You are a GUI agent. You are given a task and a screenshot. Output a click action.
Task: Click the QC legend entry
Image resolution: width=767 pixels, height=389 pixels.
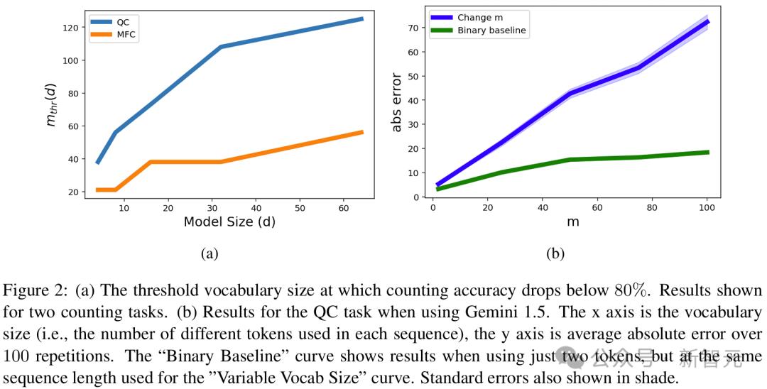(123, 22)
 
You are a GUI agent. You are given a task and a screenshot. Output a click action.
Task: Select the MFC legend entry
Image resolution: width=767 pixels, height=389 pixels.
(126, 35)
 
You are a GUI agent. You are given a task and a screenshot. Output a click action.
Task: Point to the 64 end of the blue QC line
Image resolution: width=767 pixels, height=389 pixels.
(362, 19)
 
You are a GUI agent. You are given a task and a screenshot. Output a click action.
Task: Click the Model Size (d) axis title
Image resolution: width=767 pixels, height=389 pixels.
(229, 221)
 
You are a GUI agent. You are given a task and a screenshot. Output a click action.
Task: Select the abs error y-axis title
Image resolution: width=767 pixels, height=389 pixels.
(397, 102)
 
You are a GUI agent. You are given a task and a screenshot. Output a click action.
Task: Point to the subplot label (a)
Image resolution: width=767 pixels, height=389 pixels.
(209, 253)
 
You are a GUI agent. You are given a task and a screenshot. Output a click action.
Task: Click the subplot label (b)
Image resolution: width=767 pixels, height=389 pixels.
(554, 253)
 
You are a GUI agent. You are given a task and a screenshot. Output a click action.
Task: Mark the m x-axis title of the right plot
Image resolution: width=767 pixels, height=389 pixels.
(572, 221)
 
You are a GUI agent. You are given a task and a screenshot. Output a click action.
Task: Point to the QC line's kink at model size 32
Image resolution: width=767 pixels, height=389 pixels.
(221, 47)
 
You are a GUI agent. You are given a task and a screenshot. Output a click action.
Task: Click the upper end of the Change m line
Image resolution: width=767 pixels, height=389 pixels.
(707, 22)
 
